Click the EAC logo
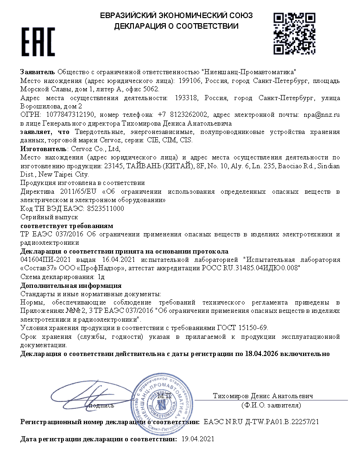(38, 42)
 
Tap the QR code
(294, 33)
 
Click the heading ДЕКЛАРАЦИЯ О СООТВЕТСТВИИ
(177, 26)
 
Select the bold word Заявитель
(38, 72)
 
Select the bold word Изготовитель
(44, 149)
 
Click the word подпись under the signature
(101, 406)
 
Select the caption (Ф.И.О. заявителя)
(271, 406)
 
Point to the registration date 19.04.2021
(198, 438)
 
